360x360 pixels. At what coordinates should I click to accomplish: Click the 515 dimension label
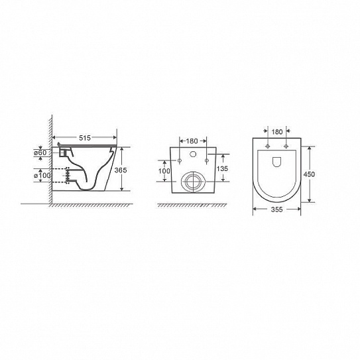tap(85, 138)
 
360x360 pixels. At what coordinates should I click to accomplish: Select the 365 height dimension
tap(121, 170)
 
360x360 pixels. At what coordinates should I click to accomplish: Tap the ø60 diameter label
tap(40, 152)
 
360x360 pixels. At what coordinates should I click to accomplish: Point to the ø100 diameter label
tap(42, 176)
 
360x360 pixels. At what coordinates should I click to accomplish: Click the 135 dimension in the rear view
tap(222, 168)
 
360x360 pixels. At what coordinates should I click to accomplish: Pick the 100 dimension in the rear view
tap(164, 171)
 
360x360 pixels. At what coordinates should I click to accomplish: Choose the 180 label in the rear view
tap(192, 141)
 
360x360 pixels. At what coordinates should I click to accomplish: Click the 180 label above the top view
tap(277, 132)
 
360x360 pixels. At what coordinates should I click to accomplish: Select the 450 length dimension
tap(309, 174)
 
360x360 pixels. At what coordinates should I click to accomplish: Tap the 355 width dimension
tap(276, 210)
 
